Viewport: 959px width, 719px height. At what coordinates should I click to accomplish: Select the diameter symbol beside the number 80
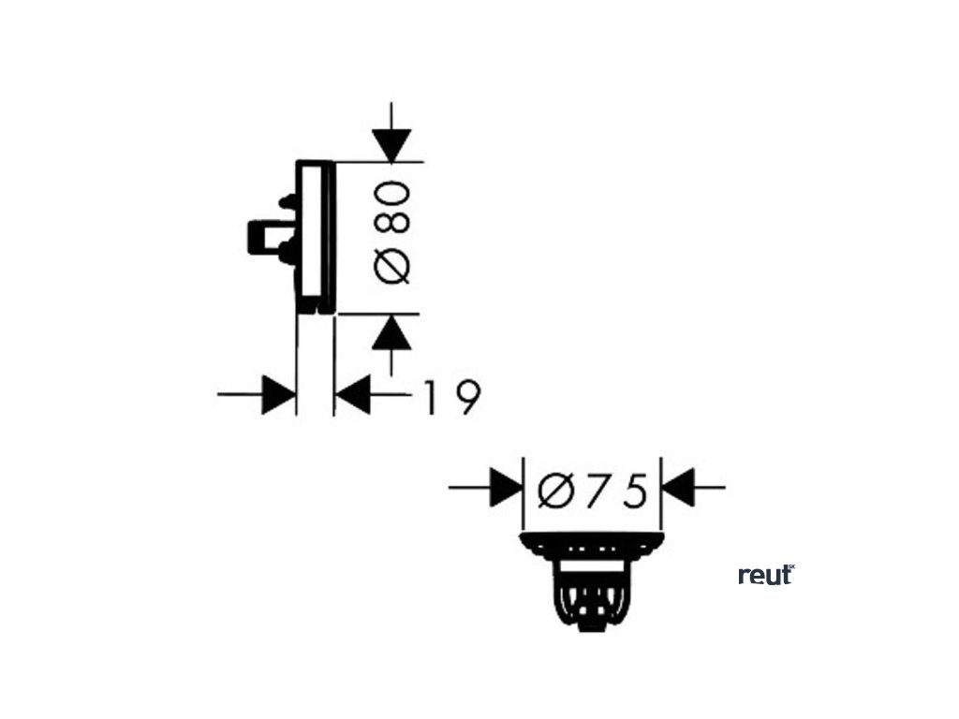point(392,265)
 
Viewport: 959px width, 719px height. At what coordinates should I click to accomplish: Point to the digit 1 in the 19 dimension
point(430,397)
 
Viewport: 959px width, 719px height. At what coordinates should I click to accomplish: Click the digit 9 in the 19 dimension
point(465,397)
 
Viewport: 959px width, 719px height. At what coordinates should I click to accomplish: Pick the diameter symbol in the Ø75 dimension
point(556,491)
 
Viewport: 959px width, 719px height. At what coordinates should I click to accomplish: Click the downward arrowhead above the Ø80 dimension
point(391,145)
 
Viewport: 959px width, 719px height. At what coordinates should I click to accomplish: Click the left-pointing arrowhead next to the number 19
point(353,395)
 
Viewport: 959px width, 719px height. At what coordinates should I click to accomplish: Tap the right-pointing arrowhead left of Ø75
point(505,488)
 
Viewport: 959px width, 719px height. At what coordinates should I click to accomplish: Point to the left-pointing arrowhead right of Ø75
point(678,488)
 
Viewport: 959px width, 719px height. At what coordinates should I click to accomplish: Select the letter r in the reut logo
point(744,577)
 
